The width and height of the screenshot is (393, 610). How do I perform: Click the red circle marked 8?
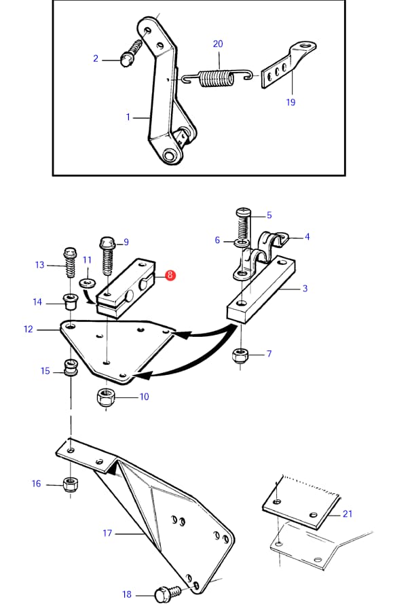pyautogui.click(x=170, y=275)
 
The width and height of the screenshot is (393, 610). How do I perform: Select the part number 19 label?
pyautogui.click(x=291, y=103)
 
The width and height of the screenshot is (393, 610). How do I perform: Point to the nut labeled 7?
pyautogui.click(x=240, y=355)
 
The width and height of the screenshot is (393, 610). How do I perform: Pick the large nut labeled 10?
pyautogui.click(x=106, y=397)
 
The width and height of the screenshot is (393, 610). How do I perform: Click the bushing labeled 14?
pyautogui.click(x=71, y=302)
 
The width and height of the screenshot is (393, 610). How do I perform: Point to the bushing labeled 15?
pyautogui.click(x=70, y=368)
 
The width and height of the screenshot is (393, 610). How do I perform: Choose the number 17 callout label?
pyautogui.click(x=107, y=533)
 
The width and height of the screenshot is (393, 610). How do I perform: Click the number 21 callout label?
pyautogui.click(x=347, y=514)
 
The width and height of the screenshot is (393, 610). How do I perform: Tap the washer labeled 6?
pyautogui.click(x=242, y=244)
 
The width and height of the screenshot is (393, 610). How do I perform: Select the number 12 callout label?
pyautogui.click(x=29, y=329)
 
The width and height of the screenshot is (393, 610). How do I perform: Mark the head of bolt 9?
pyautogui.click(x=107, y=244)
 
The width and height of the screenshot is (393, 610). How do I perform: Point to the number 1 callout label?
pyautogui.click(x=128, y=117)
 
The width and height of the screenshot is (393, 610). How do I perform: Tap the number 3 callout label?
pyautogui.click(x=305, y=288)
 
